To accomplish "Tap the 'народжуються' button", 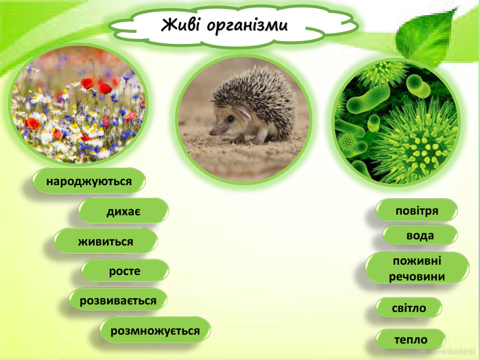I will pyautogui.click(x=88, y=182).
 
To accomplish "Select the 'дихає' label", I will pyautogui.click(x=123, y=211).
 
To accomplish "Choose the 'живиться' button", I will pyautogui.click(x=106, y=241).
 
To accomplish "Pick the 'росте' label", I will pyautogui.click(x=124, y=271).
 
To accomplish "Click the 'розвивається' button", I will pyautogui.click(x=118, y=300).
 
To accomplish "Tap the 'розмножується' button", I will pyautogui.click(x=155, y=331).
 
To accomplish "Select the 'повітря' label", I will pyautogui.click(x=417, y=210).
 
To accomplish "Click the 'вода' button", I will pyautogui.click(x=420, y=235).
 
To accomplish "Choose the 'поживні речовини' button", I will pyautogui.click(x=417, y=269).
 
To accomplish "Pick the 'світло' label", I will pyautogui.click(x=409, y=308).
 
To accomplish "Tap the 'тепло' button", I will pyautogui.click(x=411, y=339).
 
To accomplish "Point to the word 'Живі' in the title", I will pyautogui.click(x=181, y=26).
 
